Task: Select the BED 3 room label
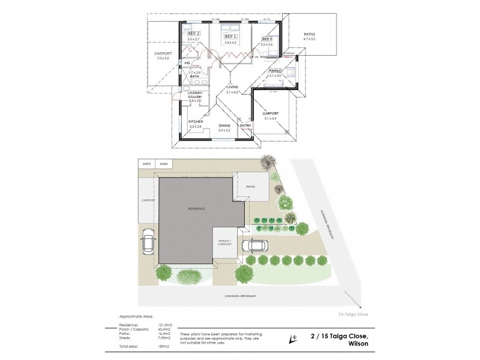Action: click(x=266, y=39)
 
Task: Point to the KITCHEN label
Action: click(x=196, y=122)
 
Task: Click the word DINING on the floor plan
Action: click(x=224, y=125)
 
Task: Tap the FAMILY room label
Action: click(x=275, y=71)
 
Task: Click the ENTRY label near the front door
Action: click(x=245, y=125)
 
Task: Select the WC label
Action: click(x=187, y=62)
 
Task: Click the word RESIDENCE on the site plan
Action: click(x=196, y=208)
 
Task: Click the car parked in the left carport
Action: click(x=148, y=242)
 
